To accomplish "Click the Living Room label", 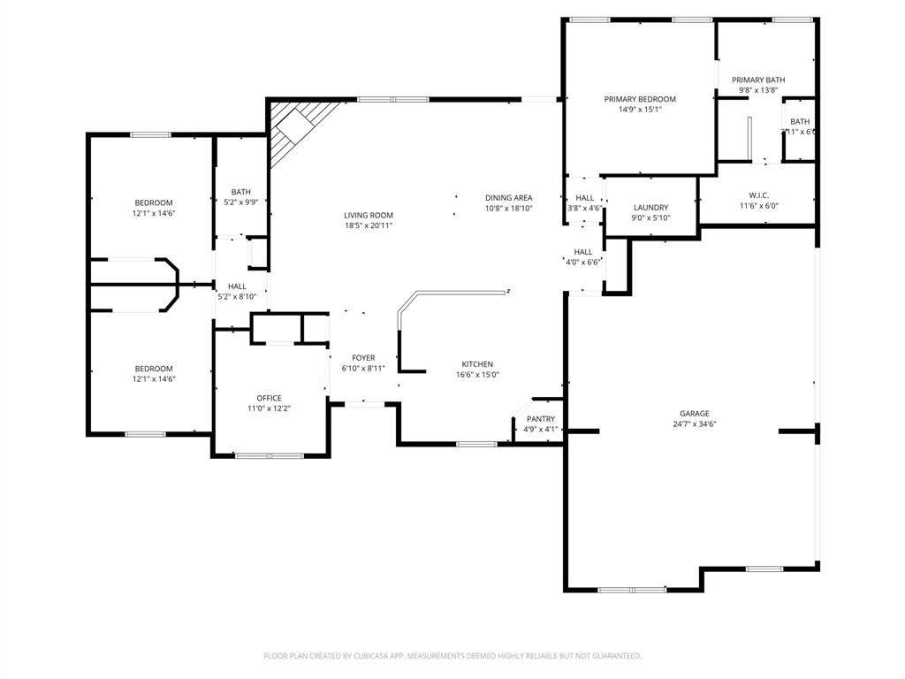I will point(369,215).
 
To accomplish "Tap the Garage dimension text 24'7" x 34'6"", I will point(694,424).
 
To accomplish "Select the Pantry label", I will point(540,419).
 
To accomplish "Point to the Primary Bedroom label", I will point(640,99).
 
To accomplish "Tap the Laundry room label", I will point(650,208).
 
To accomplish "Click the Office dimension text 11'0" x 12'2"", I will point(269,408).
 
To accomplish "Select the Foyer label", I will point(363,358).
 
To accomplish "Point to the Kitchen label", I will point(477,364).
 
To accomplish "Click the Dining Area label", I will point(508,197).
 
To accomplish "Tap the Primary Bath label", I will point(758,80).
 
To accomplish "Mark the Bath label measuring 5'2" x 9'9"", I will point(240,192).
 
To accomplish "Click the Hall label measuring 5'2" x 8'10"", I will point(237,286).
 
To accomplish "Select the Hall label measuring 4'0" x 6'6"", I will point(582,252).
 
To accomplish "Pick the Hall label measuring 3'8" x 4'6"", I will point(584,198).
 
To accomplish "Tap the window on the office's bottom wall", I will point(269,456).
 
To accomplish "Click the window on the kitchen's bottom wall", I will point(475,444).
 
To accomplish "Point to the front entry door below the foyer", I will point(363,404).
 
